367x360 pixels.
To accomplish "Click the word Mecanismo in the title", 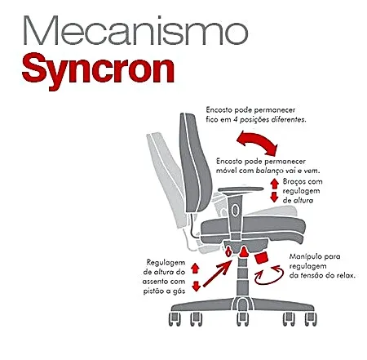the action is coord(135,30).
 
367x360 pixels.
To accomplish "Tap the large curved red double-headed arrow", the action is coord(257,141).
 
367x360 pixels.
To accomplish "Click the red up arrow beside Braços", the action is coord(274,184).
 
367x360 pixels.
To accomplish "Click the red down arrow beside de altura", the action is coord(274,197).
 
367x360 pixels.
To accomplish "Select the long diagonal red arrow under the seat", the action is coord(217,273).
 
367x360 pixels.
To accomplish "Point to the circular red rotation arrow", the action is coord(268,275).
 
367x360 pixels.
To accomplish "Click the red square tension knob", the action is coord(261,258).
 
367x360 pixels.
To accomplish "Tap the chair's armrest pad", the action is coord(241,189).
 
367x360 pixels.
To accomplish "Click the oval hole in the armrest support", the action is coord(235,210).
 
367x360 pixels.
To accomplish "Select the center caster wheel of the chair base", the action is coord(242,319).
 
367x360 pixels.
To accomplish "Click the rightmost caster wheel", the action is coord(311,319).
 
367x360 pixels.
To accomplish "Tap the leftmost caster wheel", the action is coord(175,319).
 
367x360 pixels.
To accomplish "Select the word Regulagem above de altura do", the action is coord(166,263).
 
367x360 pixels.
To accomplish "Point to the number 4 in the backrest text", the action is coord(235,120).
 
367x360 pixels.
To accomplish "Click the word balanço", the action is coord(269,171).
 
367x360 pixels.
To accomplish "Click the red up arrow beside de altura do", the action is coord(195,269).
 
